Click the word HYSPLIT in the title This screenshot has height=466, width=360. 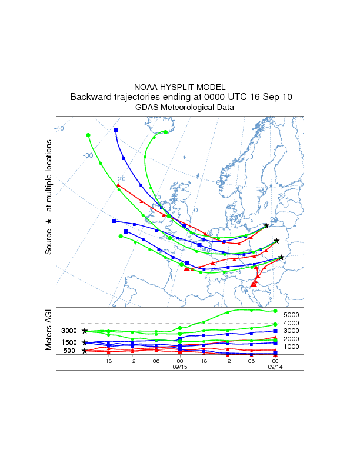pos(179,86)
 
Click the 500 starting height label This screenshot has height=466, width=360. pos(69,351)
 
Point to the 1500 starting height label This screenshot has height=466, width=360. pos(69,342)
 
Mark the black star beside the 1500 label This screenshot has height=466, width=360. pos(85,342)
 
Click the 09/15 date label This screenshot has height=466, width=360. pos(179,367)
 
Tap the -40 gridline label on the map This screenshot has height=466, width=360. pos(59,128)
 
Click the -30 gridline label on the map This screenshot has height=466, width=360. pos(88,155)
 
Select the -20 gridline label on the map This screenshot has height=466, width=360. pos(121,179)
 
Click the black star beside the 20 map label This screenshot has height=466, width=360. pos(266,225)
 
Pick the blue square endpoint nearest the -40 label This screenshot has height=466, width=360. pos(116,129)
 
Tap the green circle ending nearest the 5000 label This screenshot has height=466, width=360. pos(275,311)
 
